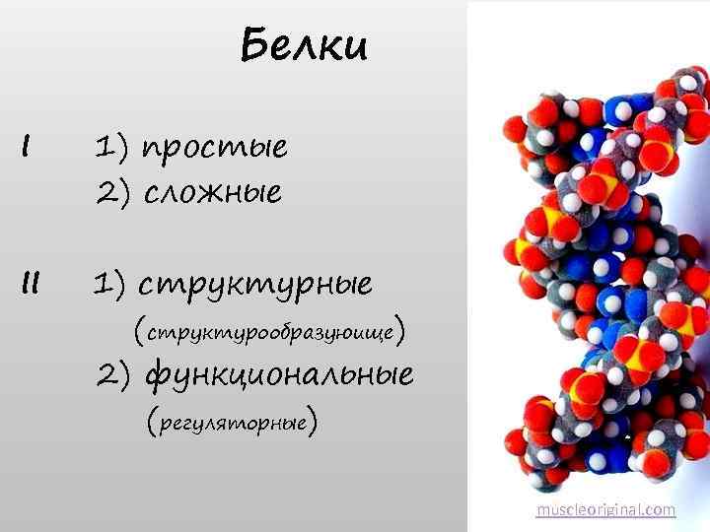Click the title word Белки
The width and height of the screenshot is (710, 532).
(x=303, y=45)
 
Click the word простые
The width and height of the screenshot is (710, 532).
(x=216, y=149)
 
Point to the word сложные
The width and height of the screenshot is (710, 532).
(x=213, y=192)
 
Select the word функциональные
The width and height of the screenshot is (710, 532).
(x=279, y=375)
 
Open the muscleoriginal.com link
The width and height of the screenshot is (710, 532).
(x=605, y=509)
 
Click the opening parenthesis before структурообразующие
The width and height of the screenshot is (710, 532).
(x=139, y=329)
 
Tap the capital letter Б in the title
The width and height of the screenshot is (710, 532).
(x=253, y=45)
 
